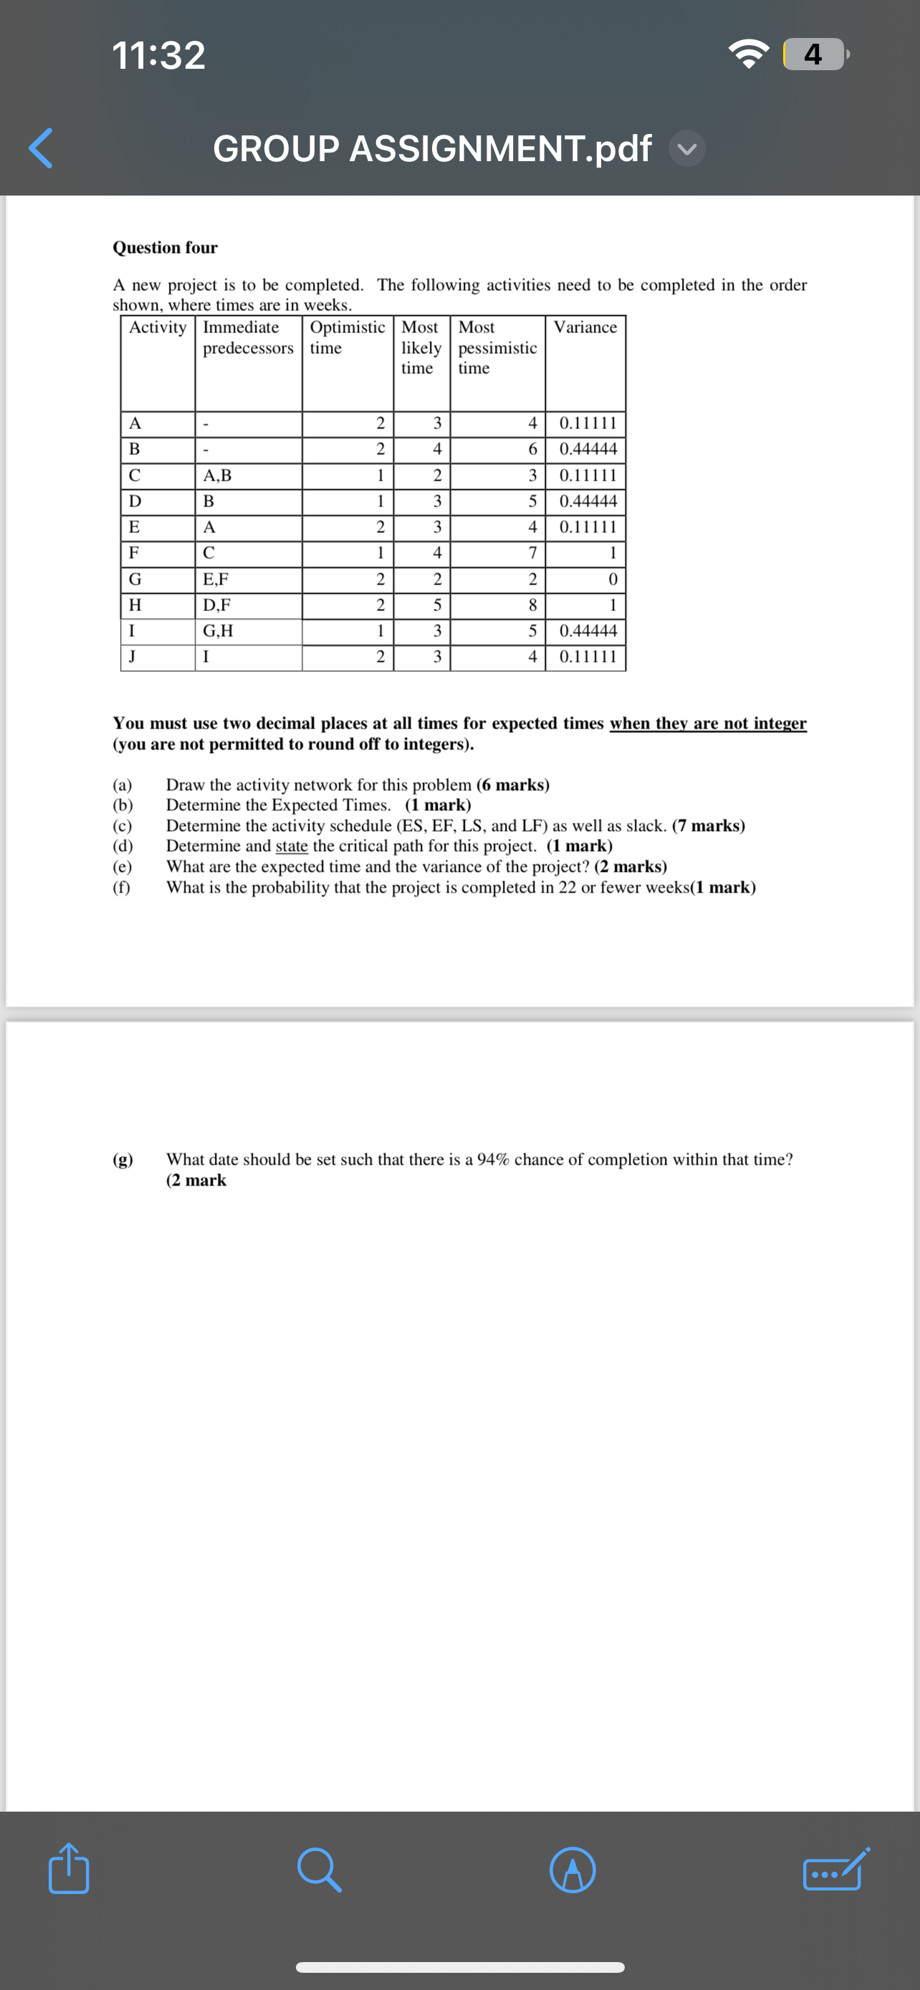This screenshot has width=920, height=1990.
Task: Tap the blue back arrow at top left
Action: [x=40, y=148]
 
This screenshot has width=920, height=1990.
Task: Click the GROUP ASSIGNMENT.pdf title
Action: [x=432, y=148]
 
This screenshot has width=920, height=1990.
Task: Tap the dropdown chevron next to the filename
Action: [x=686, y=148]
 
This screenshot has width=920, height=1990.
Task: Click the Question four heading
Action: [x=166, y=247]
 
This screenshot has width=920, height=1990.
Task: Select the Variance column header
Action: [x=585, y=327]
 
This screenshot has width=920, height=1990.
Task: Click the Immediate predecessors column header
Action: [x=248, y=337]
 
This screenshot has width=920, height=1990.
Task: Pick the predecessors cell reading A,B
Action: [x=217, y=476]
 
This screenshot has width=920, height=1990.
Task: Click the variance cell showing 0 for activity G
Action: [x=613, y=580]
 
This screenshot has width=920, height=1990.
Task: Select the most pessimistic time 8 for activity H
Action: [x=532, y=605]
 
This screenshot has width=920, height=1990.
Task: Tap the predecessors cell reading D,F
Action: [x=216, y=605]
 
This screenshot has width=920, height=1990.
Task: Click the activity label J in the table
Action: [x=133, y=657]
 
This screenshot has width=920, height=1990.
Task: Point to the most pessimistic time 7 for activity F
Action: [x=532, y=553]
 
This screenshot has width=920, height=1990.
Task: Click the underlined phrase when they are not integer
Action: [x=708, y=723]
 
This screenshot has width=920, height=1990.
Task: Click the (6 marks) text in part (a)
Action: [x=513, y=785]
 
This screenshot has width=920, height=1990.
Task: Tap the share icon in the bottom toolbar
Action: [x=69, y=1869]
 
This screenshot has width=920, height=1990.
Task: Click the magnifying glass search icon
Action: [x=319, y=1870]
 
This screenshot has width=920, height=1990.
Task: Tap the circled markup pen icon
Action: [x=572, y=1870]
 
